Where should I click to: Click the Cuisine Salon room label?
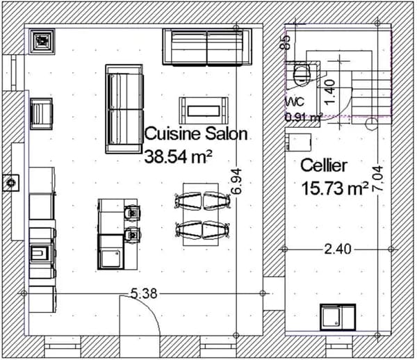pyautogui.click(x=196, y=133)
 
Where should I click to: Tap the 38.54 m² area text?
pyautogui.click(x=178, y=156)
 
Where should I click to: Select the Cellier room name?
pyautogui.click(x=324, y=165)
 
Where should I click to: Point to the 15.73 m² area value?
pyautogui.click(x=335, y=188)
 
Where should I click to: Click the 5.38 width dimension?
pyautogui.click(x=144, y=294)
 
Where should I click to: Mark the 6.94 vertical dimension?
pyautogui.click(x=236, y=181)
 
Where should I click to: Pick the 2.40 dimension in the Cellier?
pyautogui.click(x=338, y=249)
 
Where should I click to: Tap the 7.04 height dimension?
pyautogui.click(x=377, y=179)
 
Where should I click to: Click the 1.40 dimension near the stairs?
pyautogui.click(x=329, y=92)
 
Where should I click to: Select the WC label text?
pyautogui.click(x=295, y=102)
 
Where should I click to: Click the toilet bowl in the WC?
pyautogui.click(x=302, y=75)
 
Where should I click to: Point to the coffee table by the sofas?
pyautogui.click(x=204, y=111)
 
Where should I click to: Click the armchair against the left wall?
pyautogui.click(x=41, y=114)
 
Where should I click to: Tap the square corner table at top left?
pyautogui.click(x=42, y=42)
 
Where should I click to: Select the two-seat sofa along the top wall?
pyautogui.click(x=207, y=47)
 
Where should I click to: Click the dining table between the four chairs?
pyautogui.click(x=201, y=214)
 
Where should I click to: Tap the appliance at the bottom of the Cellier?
pyautogui.click(x=338, y=317)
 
